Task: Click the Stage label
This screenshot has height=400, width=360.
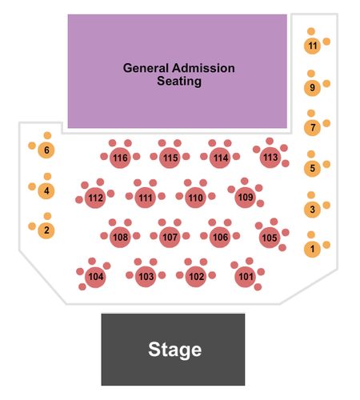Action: [x=174, y=350]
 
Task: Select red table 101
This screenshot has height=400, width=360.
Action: [x=246, y=277]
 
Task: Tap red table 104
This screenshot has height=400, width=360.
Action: [x=95, y=277]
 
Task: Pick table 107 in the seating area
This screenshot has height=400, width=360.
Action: [x=170, y=237]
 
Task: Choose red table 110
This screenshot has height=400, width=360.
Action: [x=195, y=198]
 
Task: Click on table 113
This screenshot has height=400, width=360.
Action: [x=270, y=158]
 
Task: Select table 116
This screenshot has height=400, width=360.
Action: [x=120, y=158]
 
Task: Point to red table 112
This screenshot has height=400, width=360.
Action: [x=95, y=198]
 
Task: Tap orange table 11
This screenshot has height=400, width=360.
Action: [x=312, y=46]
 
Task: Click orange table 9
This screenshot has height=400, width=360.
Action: [x=312, y=87]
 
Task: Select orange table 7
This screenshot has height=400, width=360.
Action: [x=312, y=127]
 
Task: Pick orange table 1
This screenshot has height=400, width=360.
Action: [x=312, y=249]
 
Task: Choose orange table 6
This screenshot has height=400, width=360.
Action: [x=46, y=150]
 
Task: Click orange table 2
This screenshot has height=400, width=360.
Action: [x=46, y=230]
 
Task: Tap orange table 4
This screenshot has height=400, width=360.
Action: [x=46, y=191]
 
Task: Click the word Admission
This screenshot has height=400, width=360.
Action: [x=204, y=68]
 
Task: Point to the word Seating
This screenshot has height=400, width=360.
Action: [x=179, y=82]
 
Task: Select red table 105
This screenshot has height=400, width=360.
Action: [x=270, y=238]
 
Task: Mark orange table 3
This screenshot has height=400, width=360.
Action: [x=312, y=210]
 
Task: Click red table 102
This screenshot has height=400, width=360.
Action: [x=196, y=277]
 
